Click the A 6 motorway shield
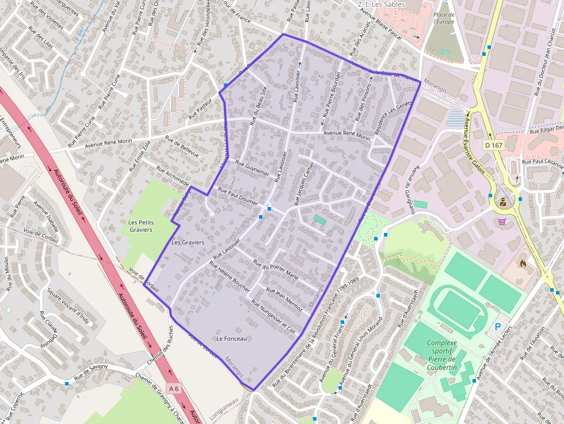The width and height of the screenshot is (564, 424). (x=173, y=388)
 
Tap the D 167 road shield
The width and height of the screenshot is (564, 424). (x=494, y=145)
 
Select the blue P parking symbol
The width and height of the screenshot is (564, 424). (x=497, y=329)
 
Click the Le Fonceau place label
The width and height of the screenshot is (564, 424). (x=231, y=339)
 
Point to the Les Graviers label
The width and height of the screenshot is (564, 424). (x=188, y=242)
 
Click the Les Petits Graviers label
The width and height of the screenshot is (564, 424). (x=140, y=226)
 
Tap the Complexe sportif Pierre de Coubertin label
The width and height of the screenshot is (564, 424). (x=441, y=355)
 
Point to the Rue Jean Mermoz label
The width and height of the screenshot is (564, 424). (x=284, y=299)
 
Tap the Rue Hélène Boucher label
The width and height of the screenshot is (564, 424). (x=230, y=277)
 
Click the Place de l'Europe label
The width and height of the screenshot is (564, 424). (x=444, y=18)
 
